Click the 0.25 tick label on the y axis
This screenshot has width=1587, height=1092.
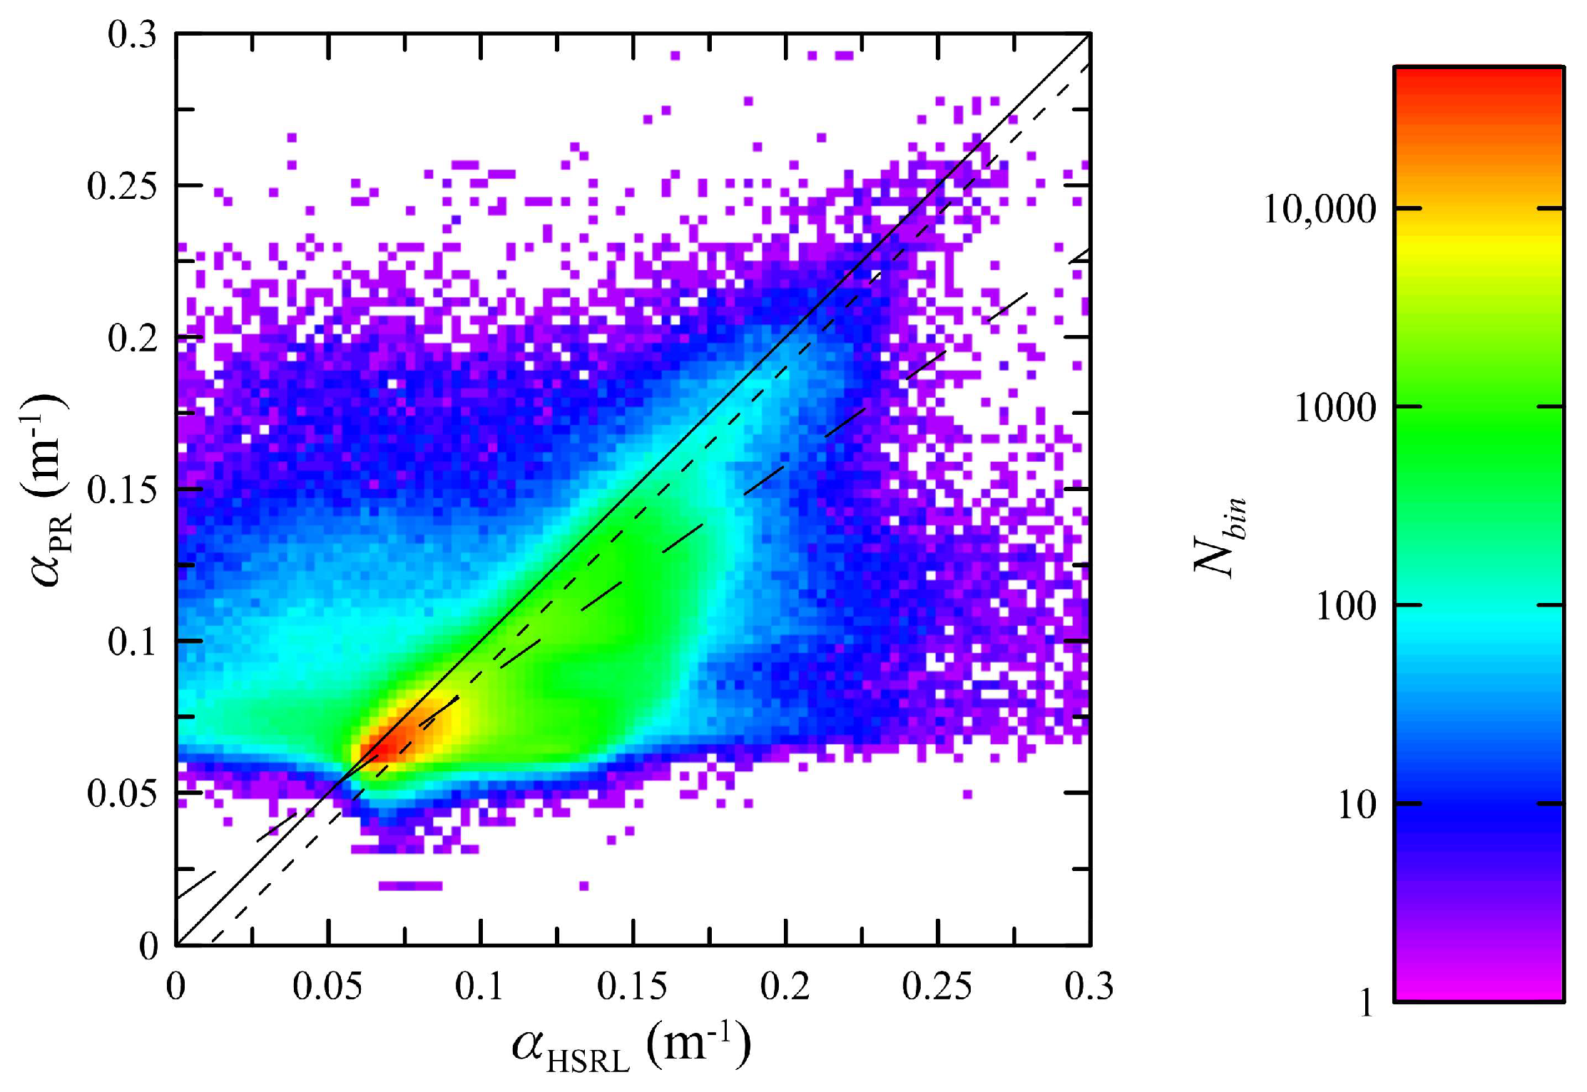(x=121, y=187)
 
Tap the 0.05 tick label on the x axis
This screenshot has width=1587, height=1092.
(x=327, y=987)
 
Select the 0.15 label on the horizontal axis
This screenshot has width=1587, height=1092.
(x=632, y=987)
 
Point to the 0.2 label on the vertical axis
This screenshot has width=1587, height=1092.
(x=133, y=339)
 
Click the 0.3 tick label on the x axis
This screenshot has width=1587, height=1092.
(x=1088, y=987)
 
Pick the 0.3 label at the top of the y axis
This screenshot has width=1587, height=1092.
(x=133, y=35)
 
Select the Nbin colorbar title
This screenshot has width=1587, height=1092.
(x=1220, y=536)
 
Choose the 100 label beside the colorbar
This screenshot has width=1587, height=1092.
(x=1345, y=607)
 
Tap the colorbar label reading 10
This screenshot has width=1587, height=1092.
(x=1356, y=805)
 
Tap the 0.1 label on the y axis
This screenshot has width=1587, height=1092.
(x=133, y=642)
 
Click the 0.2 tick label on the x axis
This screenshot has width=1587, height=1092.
(x=785, y=987)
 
